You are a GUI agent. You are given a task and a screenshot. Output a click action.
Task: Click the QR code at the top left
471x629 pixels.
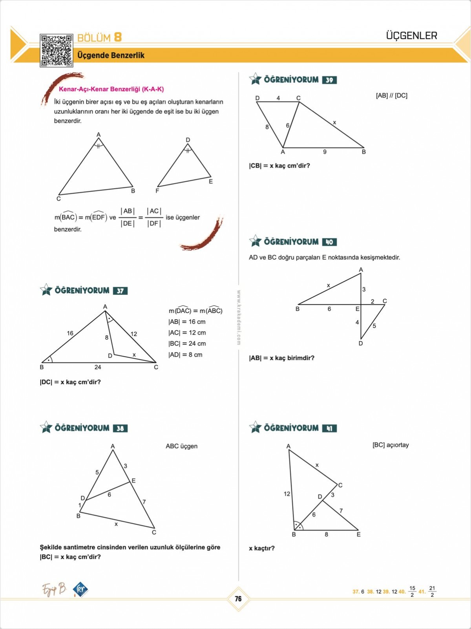(56, 50)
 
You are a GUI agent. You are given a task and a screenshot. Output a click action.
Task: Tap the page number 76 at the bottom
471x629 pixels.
(238, 599)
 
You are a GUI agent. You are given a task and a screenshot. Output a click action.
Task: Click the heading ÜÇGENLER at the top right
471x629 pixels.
(411, 36)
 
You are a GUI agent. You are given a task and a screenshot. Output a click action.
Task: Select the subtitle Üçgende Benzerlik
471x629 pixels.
(111, 55)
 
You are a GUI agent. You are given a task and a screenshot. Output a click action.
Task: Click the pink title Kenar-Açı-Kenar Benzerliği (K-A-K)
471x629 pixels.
(111, 89)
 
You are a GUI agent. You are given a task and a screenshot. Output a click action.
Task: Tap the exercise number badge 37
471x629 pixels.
(120, 291)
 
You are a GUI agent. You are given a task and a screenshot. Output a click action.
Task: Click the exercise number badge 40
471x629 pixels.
(329, 242)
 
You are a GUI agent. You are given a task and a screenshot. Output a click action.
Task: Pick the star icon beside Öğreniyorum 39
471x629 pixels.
(255, 79)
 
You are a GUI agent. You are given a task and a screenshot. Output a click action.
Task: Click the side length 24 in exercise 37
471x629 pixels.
(98, 367)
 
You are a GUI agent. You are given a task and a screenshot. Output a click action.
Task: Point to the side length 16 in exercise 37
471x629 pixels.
(70, 333)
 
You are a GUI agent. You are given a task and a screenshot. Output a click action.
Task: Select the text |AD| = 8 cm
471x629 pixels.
(185, 355)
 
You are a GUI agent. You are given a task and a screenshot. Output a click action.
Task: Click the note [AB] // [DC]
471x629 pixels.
(391, 95)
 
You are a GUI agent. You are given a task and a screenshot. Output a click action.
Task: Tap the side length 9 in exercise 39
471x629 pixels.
(325, 152)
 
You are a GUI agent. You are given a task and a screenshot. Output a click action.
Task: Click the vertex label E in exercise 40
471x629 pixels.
(357, 309)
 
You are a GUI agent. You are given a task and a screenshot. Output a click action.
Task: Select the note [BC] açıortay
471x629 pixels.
(391, 445)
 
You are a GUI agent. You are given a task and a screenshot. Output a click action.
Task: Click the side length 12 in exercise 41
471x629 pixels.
(287, 494)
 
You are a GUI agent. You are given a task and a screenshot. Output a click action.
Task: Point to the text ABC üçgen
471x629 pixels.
(181, 446)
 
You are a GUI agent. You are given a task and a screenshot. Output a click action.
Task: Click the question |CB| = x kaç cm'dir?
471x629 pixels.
(279, 166)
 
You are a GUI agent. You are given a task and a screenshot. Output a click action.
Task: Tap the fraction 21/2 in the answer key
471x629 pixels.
(432, 591)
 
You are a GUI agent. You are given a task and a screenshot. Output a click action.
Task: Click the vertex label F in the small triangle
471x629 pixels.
(157, 191)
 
